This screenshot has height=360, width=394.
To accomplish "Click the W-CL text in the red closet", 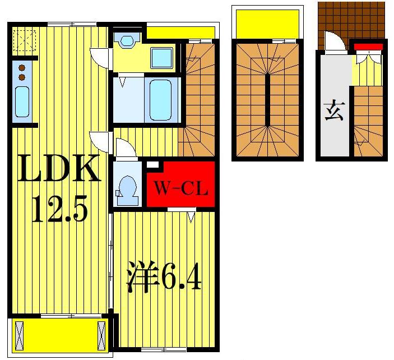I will (180, 189).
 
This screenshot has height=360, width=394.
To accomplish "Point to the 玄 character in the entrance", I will (333, 112).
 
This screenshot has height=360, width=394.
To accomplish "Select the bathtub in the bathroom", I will (161, 99).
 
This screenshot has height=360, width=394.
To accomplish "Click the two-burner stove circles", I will (22, 72).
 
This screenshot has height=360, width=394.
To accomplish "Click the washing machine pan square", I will (161, 58).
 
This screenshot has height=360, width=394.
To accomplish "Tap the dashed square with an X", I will (25, 39).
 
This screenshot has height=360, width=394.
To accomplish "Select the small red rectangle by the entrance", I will (368, 47).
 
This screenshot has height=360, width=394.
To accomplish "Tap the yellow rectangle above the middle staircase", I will (267, 23).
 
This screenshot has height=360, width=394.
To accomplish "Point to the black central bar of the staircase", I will (267, 100).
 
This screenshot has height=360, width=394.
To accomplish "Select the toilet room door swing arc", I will (124, 149).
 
